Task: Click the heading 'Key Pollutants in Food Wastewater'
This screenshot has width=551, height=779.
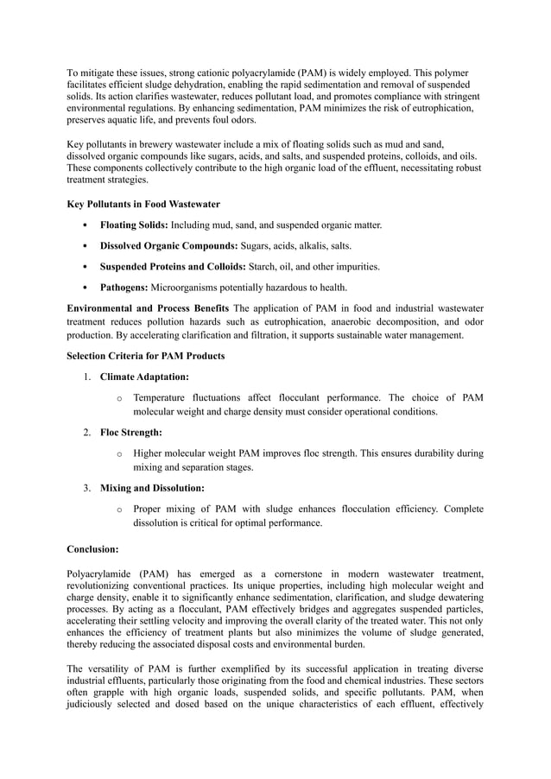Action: click(x=143, y=204)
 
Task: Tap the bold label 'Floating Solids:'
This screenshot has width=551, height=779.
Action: click(x=134, y=225)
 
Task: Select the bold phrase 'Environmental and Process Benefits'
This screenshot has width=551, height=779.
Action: click(x=148, y=308)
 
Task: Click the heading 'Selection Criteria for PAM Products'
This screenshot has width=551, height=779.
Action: click(x=146, y=356)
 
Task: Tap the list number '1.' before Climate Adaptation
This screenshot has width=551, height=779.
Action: click(x=88, y=377)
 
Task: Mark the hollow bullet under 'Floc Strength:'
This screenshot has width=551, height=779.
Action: click(x=118, y=453)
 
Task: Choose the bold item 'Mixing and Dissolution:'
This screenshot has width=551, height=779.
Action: click(x=152, y=488)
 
